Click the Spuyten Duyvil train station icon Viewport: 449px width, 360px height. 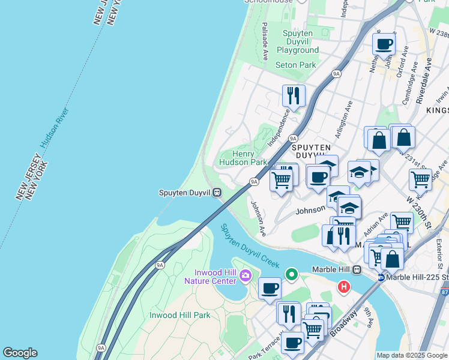(x=217, y=193)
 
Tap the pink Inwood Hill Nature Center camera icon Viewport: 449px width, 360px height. (x=245, y=276)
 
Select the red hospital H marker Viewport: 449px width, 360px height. (x=344, y=287)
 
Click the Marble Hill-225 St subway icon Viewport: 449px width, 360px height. (x=381, y=277)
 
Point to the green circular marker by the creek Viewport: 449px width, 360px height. (x=292, y=275)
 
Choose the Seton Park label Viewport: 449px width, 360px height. (x=295, y=65)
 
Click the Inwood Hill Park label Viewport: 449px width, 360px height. (x=179, y=315)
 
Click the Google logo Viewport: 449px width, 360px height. (x=20, y=353)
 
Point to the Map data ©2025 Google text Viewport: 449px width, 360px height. (x=412, y=355)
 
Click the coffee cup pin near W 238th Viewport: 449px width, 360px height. (x=384, y=43)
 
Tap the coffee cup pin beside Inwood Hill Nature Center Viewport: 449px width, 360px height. (x=270, y=288)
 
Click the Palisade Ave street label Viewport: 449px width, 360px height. (x=265, y=41)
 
